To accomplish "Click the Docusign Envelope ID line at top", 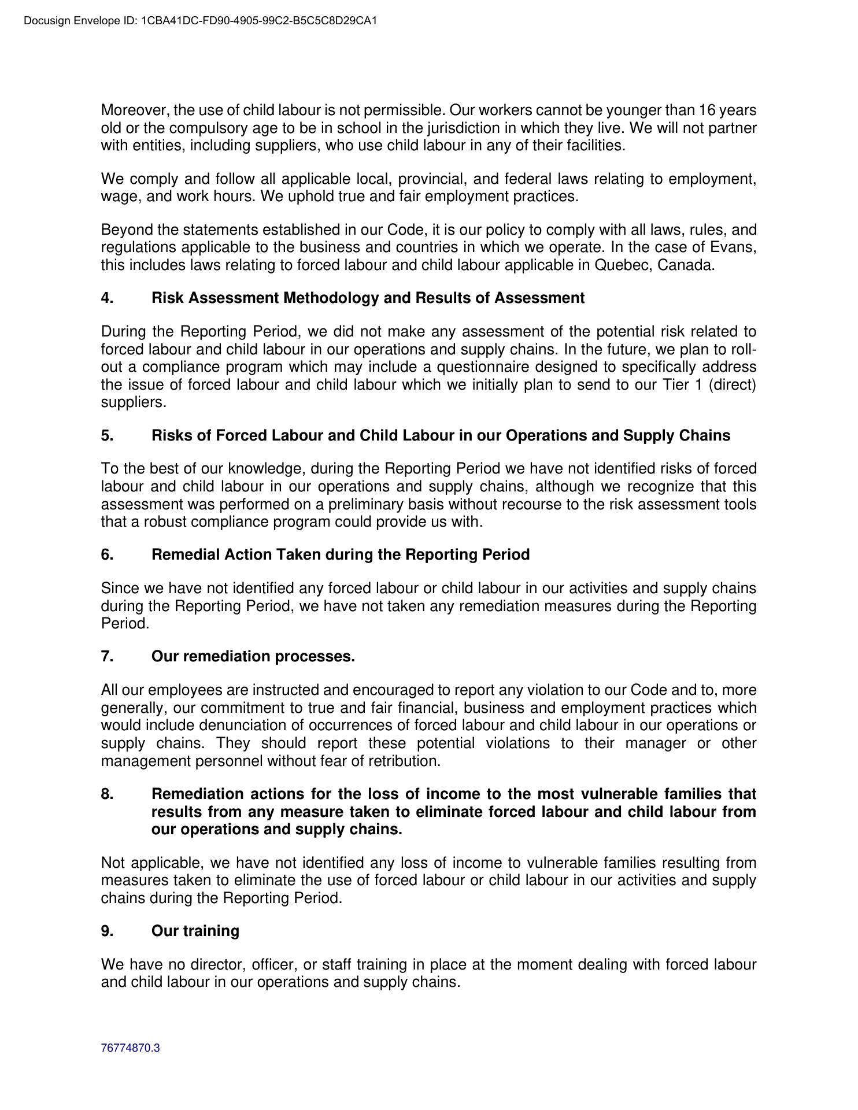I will coord(201,21).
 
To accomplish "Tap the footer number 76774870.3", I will coord(130,1048).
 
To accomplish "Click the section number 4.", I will coord(107,298).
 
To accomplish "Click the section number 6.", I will coord(107,555).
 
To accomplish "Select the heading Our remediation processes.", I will coord(253,657).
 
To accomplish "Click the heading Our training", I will coord(195,931).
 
